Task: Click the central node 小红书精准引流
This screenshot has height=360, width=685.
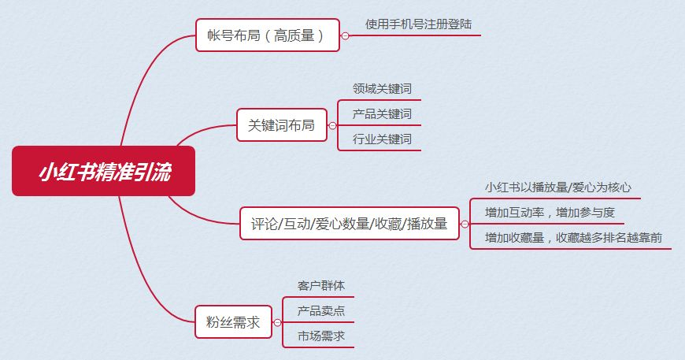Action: [x=103, y=171]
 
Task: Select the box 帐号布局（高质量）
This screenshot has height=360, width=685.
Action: [x=268, y=35]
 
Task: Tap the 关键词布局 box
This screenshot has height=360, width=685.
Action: [x=282, y=125]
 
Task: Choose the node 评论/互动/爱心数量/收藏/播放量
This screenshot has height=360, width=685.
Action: [x=350, y=223]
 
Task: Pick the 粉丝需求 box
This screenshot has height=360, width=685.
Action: [x=233, y=322]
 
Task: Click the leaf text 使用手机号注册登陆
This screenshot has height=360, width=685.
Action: [x=419, y=24]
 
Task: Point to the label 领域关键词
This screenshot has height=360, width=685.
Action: [x=382, y=89]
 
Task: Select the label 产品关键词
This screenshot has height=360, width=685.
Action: [x=382, y=114]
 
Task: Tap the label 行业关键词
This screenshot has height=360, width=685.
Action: [x=382, y=139]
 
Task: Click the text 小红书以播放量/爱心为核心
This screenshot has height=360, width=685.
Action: [x=558, y=187]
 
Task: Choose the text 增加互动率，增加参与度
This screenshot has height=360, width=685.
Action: [x=550, y=213]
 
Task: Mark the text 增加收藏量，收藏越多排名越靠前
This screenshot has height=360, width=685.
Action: [x=573, y=238]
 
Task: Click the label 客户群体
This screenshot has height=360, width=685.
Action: [x=321, y=286]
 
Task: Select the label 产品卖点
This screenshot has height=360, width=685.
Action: [x=321, y=311]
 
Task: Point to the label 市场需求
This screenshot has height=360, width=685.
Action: [x=321, y=336]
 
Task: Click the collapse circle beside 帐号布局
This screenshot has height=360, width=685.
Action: [x=345, y=35]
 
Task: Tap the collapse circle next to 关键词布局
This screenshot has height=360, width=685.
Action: [x=332, y=126]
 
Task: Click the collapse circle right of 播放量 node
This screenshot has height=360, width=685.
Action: [x=465, y=225]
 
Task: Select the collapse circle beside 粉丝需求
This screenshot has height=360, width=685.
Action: [x=277, y=323]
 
